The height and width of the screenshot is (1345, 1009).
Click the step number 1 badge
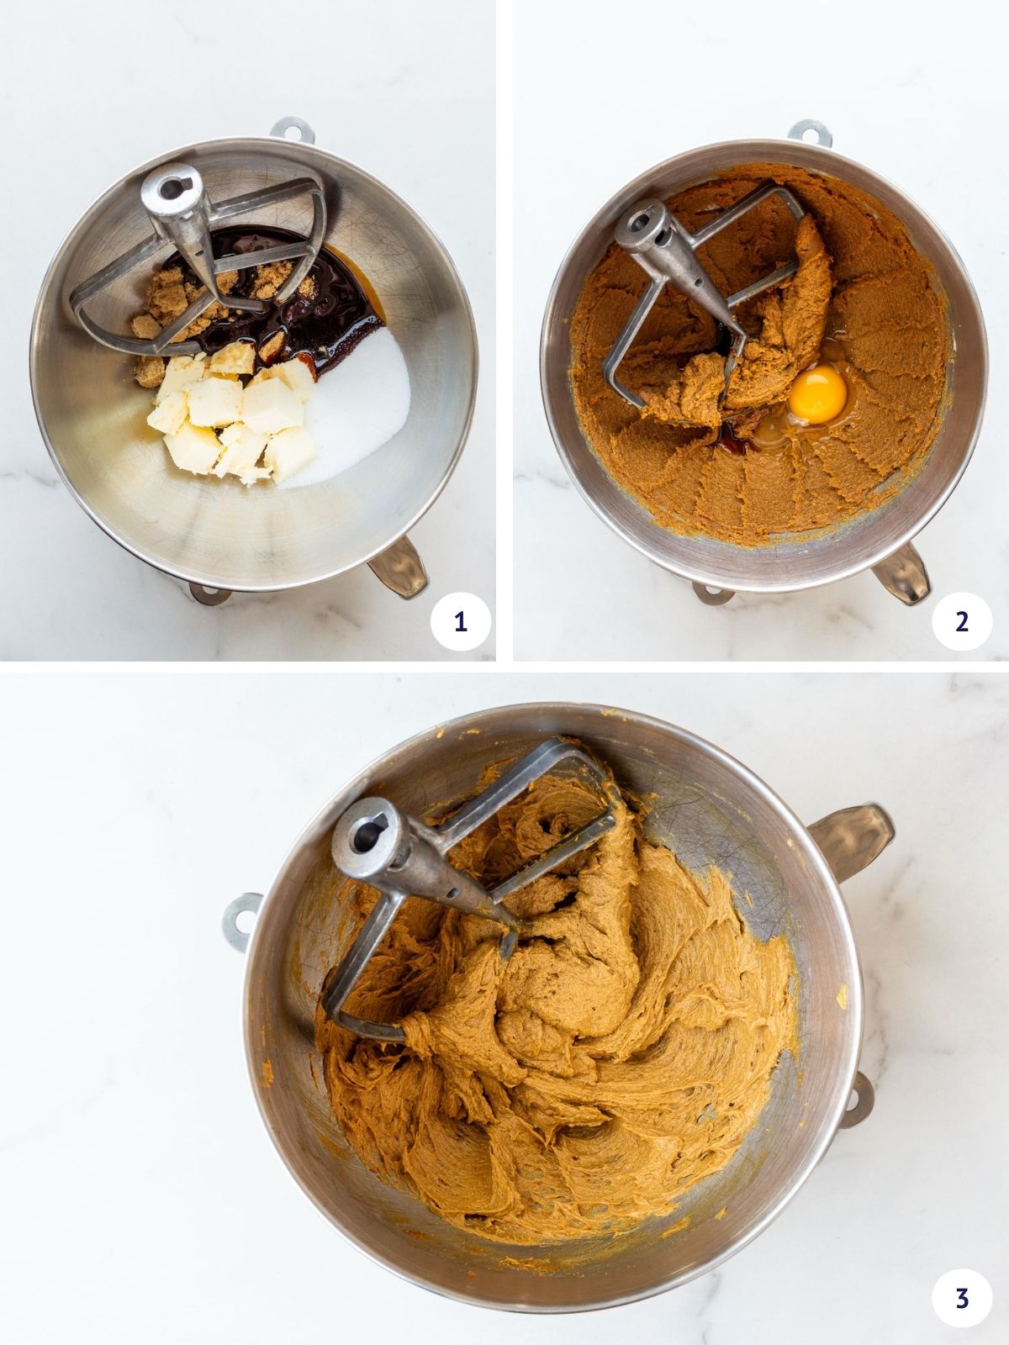click(460, 622)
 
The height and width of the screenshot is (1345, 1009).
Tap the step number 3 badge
click(962, 1298)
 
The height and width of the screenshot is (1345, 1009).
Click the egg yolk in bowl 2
click(818, 392)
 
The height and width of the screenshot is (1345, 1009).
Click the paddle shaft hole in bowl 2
click(641, 225)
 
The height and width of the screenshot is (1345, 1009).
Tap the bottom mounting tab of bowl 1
click(209, 593)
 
